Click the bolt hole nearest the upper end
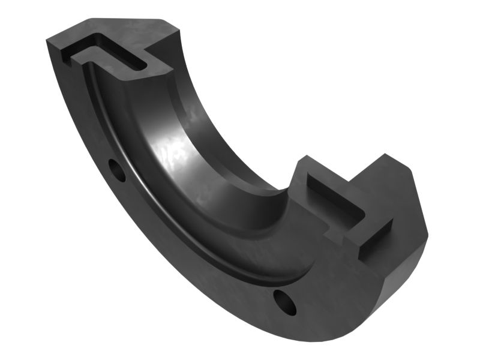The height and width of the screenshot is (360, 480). [x=118, y=170]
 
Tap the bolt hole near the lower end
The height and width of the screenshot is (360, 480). [x=285, y=302]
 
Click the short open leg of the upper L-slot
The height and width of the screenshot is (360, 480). [x=81, y=55]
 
